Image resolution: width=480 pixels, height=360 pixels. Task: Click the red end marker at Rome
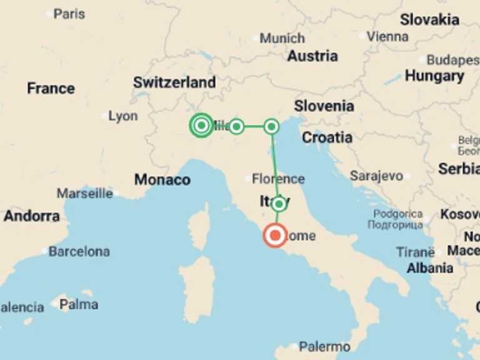click(275, 236)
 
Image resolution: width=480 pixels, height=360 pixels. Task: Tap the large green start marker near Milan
click(201, 126)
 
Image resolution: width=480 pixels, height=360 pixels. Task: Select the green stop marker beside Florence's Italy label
click(279, 204)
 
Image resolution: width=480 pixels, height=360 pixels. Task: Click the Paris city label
click(69, 13)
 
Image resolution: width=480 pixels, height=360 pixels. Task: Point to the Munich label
click(282, 38)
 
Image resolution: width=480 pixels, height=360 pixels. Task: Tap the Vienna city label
click(387, 36)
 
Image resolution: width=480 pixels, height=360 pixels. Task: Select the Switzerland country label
click(174, 82)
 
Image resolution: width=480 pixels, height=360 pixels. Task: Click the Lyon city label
click(122, 116)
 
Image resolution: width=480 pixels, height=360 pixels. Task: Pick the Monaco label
click(162, 180)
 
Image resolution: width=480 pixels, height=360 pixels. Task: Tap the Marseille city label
click(85, 193)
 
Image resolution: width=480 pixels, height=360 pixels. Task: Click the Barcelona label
click(79, 252)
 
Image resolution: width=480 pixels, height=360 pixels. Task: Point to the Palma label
click(79, 305)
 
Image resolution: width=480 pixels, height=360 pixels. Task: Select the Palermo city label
click(324, 346)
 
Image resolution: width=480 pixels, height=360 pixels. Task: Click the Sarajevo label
click(376, 176)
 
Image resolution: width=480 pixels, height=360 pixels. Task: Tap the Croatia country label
click(327, 137)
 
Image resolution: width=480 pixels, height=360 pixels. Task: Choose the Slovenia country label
click(324, 106)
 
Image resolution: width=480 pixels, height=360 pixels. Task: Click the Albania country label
click(430, 268)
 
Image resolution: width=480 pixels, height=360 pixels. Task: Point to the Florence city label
click(278, 179)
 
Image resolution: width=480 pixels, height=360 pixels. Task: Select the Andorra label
click(32, 216)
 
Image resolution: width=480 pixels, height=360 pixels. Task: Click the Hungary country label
click(434, 76)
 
